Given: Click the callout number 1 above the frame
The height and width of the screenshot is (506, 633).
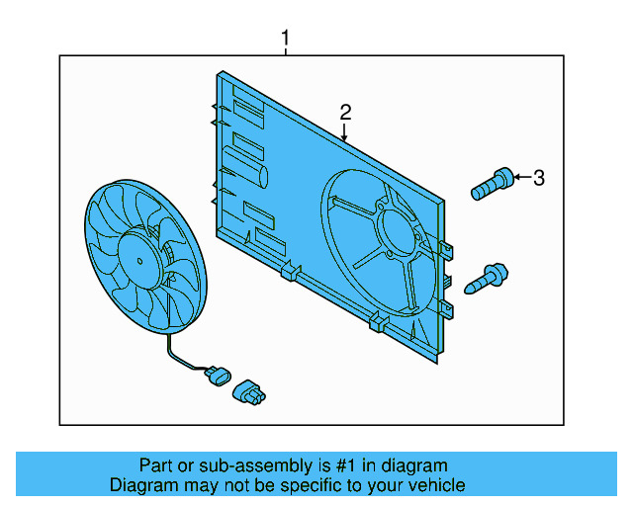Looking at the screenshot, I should (x=286, y=39).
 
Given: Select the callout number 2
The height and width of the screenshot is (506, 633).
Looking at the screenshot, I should (x=345, y=112).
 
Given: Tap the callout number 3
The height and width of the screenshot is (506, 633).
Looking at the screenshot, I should (x=538, y=178).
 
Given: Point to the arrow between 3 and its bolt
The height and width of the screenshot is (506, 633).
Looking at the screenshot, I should (x=521, y=178).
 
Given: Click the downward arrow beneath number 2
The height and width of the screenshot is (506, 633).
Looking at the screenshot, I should (x=345, y=133).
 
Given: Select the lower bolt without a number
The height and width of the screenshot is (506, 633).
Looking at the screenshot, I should (x=491, y=278).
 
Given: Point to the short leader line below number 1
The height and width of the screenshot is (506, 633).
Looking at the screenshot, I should (x=286, y=52).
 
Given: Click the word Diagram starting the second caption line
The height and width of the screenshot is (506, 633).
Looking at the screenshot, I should (x=141, y=485).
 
